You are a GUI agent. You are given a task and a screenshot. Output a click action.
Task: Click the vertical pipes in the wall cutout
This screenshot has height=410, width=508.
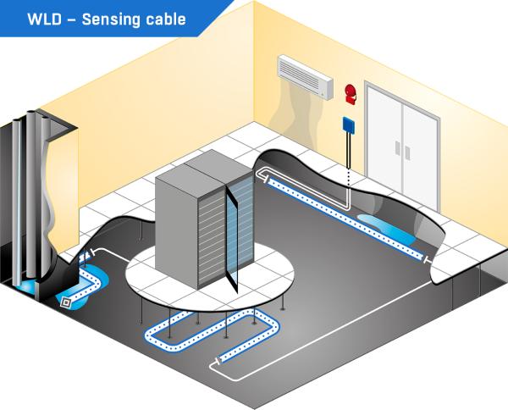(x=30, y=195)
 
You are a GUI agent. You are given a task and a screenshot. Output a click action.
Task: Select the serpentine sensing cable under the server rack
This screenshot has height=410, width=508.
(x=212, y=330)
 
